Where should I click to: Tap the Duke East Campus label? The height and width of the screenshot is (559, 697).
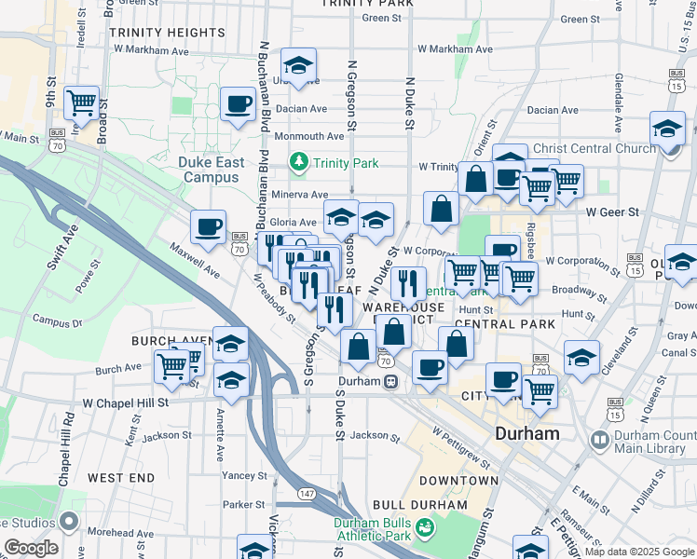(x=212, y=170)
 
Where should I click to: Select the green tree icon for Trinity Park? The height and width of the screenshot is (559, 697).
(x=299, y=164)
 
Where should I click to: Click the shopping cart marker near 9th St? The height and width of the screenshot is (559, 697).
(x=82, y=102)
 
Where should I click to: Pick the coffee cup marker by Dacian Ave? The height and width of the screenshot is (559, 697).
(x=238, y=103)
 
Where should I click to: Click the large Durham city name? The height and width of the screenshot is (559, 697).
(x=527, y=433)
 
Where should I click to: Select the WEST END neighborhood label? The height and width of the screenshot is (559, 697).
(x=121, y=478)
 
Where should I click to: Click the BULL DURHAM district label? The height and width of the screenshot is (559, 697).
(x=418, y=505)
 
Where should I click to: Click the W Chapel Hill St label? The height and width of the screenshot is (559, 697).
(x=125, y=403)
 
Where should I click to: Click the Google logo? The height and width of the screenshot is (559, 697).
(x=31, y=548)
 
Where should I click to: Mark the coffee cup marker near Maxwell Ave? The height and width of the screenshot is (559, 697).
(x=208, y=225)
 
